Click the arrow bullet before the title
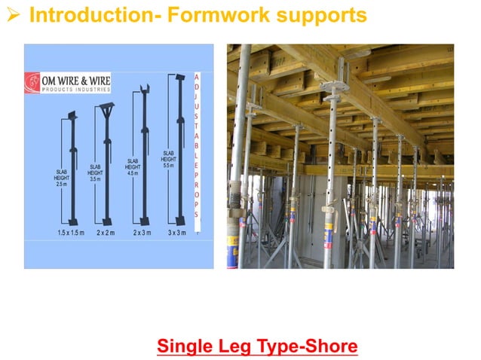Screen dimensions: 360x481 tap(14, 16)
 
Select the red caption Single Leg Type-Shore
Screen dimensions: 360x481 tap(257, 347)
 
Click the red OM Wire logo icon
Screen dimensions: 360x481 tap(34, 81)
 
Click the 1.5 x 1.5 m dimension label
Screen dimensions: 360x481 tap(72, 233)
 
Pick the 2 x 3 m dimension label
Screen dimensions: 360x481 tap(142, 233)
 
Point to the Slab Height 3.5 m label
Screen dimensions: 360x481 tap(96, 172)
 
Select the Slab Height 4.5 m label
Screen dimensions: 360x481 tap(133, 166)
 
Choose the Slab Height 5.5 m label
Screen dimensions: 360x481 tap(169, 159)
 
